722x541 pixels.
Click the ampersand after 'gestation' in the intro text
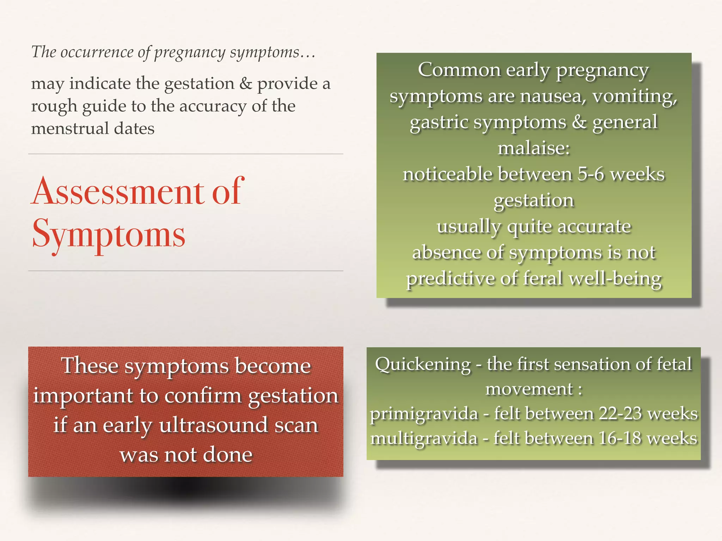(x=245, y=84)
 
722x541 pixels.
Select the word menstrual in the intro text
(x=70, y=128)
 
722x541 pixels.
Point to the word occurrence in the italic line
(x=97, y=52)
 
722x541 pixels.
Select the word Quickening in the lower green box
(x=423, y=364)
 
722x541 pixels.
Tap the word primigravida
(x=424, y=413)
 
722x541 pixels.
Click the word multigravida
(x=424, y=439)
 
